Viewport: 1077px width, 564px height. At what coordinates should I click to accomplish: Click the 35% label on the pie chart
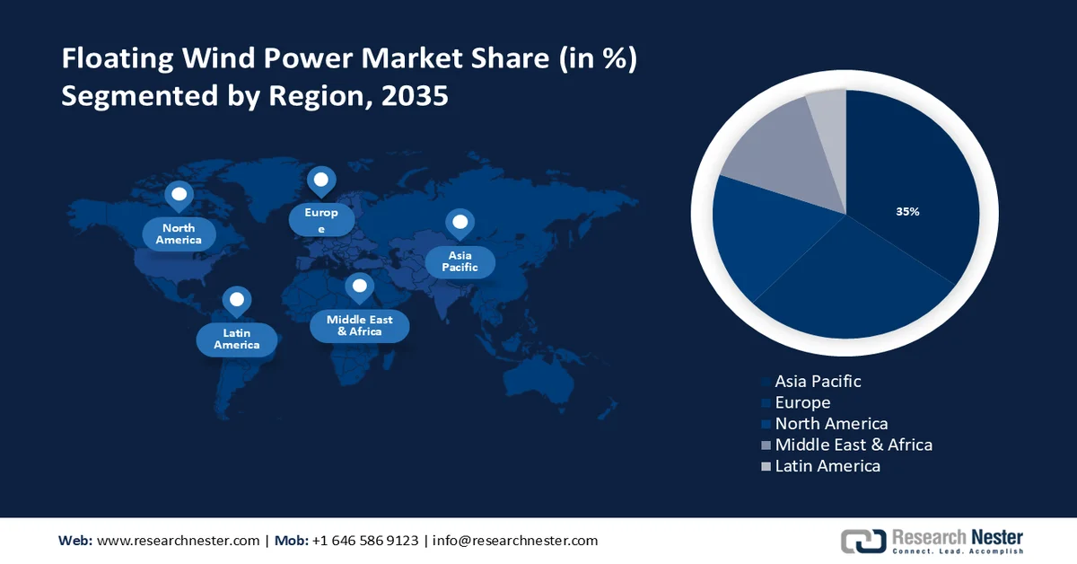907,212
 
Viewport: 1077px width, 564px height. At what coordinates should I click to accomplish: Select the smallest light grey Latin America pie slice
827,117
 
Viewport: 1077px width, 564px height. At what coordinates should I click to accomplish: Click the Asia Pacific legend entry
817,381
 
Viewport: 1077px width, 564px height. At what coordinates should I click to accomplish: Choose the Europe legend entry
801,402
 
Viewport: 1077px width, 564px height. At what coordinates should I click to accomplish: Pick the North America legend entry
830,423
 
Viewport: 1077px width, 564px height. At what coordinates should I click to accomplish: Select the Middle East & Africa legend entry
853,445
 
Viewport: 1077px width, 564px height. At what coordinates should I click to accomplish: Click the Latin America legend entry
827,466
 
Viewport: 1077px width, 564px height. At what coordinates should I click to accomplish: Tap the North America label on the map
179,234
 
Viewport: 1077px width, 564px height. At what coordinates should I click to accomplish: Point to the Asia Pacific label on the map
460,261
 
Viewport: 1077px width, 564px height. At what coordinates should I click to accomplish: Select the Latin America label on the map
237,339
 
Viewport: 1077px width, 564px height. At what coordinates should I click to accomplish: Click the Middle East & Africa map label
359,325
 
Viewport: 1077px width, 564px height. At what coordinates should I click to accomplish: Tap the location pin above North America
179,196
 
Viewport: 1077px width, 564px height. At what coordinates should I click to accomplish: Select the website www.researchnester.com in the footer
178,541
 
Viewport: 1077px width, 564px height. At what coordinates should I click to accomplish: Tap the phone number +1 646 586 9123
364,541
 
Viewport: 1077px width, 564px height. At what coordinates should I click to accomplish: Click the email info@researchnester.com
515,541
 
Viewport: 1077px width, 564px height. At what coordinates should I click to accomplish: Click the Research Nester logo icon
862,541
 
